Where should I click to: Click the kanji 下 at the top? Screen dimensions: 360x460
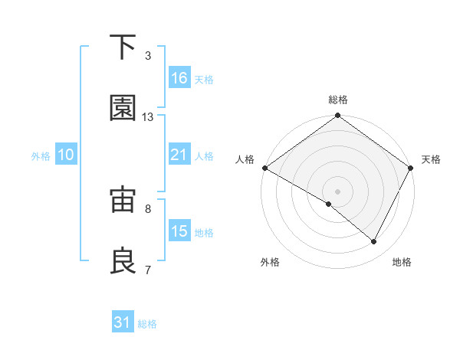(x=123, y=47)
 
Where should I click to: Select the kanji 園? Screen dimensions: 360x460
(x=123, y=109)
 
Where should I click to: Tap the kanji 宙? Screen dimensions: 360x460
(x=123, y=201)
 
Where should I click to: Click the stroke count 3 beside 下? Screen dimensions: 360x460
(x=148, y=56)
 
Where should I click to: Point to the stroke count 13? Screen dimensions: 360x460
(x=148, y=117)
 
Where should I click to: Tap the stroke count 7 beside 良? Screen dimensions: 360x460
(x=148, y=270)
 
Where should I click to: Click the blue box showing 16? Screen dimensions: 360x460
(x=179, y=78)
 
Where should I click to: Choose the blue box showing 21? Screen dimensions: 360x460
(x=179, y=155)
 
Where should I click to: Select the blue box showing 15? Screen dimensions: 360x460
(x=179, y=231)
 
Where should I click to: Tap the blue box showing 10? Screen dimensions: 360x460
(x=66, y=155)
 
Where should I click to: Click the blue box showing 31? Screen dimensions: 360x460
(x=123, y=323)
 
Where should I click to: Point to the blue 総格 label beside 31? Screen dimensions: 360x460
(x=148, y=324)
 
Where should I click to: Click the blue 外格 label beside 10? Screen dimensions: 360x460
(x=41, y=155)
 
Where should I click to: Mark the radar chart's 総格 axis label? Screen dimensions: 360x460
(x=338, y=100)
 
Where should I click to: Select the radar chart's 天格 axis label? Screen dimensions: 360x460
(x=432, y=159)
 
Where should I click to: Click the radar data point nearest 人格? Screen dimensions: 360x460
(x=264, y=168)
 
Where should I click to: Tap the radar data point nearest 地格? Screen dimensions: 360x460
(x=374, y=242)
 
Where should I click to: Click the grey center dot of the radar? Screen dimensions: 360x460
(x=338, y=191)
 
